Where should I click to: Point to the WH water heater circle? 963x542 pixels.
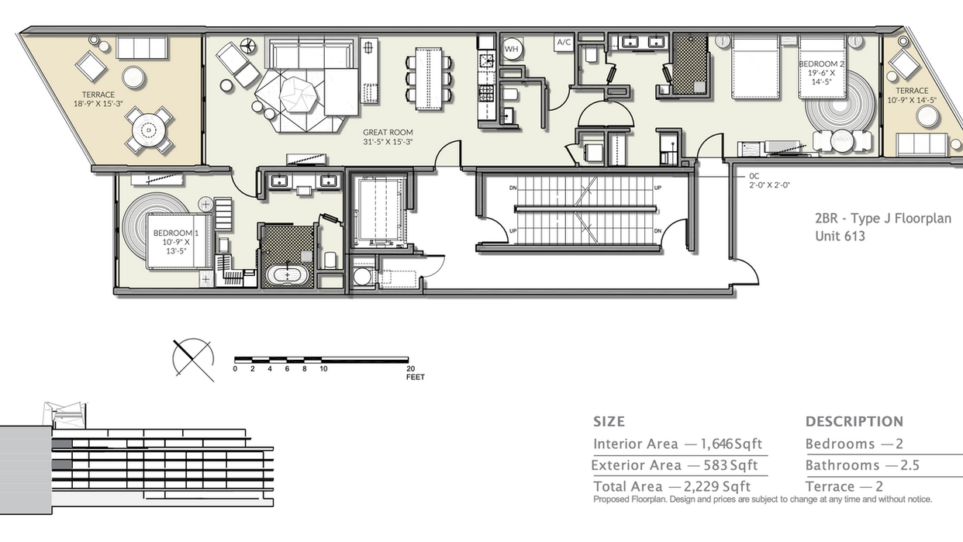point(512,49)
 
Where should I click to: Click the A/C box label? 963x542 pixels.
point(564,43)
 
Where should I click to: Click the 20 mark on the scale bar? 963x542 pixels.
point(410,369)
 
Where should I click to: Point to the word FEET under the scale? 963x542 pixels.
point(415,378)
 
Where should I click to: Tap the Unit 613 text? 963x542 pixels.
point(840,236)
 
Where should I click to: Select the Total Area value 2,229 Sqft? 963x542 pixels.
point(716,487)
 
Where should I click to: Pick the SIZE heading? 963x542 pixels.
point(609,422)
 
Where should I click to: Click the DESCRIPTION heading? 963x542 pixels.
point(854,422)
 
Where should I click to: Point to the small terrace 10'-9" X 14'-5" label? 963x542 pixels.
point(912,95)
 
